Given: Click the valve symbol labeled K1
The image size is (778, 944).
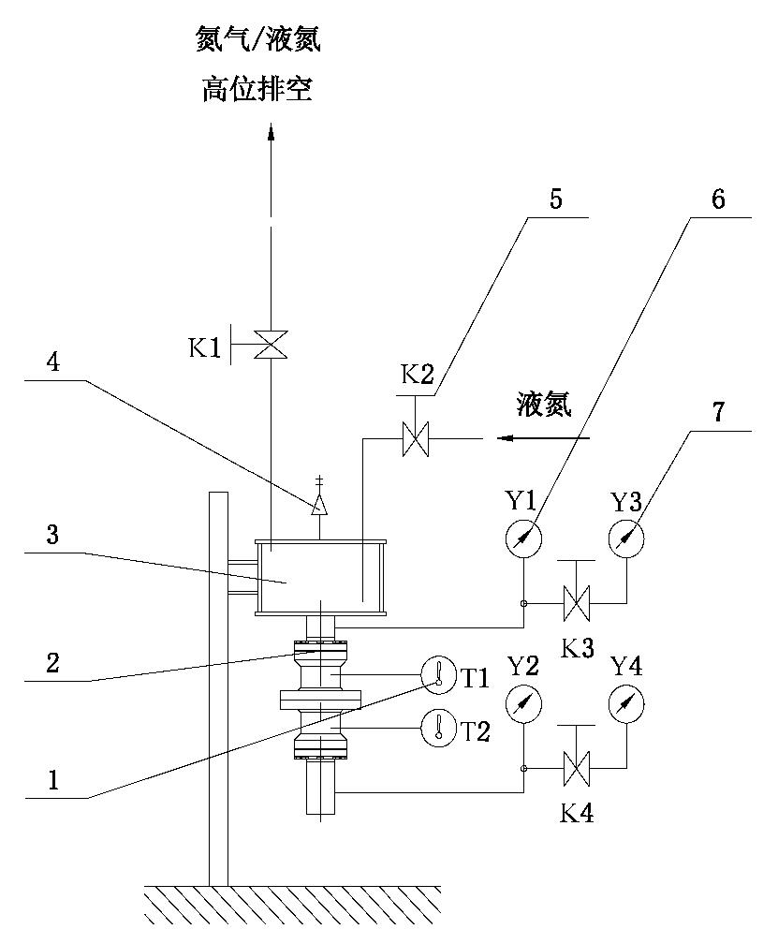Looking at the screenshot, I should pos(272,346).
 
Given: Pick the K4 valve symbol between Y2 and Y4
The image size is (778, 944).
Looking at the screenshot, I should pos(574,770).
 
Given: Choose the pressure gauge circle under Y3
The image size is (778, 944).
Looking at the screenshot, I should pos(625,538).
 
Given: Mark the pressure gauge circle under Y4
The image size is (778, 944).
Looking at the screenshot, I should pos(625,703).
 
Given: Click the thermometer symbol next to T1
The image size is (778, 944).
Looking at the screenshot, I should pos(437,674).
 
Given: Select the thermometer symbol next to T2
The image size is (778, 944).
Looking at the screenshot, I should pos(437,729).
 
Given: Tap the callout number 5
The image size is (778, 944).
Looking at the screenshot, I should pos(556,200).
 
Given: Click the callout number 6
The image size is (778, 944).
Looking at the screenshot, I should pos(718,200).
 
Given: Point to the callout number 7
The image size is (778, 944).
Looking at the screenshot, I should pos(718,413).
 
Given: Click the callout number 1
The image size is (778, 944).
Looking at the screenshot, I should pos(53,779).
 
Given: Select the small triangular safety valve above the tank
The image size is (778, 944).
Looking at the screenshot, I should pos(319,504).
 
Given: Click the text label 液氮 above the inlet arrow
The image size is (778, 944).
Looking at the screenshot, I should pos(543,406).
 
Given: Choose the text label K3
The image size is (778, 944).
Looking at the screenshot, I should pos(576,648).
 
